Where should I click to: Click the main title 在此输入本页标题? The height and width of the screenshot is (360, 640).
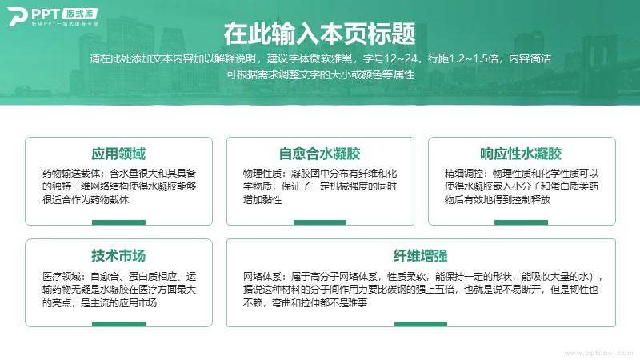click(x=319, y=34)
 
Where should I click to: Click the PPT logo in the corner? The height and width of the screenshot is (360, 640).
click(x=53, y=17)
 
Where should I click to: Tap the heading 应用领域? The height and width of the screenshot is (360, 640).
click(x=118, y=154)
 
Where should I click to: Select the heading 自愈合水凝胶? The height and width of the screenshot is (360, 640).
click(x=319, y=154)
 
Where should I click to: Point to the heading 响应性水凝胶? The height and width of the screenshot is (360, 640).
click(x=521, y=154)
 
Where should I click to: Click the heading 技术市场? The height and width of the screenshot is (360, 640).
click(x=118, y=256)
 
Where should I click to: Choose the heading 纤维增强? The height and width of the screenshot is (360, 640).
click(x=421, y=256)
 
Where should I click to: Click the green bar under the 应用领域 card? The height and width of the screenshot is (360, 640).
click(x=118, y=222)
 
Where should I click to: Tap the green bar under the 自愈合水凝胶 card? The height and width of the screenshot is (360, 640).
click(x=320, y=222)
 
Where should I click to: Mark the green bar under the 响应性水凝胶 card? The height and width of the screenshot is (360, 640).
click(x=522, y=222)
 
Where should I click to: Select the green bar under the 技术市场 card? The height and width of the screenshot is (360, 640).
click(x=118, y=324)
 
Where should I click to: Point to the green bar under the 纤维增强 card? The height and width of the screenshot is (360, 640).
click(x=421, y=324)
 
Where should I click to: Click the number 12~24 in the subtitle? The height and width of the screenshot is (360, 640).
click(x=401, y=58)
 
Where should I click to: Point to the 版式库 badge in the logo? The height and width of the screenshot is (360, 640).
click(x=79, y=14)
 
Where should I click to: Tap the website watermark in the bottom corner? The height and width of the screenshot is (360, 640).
click(x=598, y=353)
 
